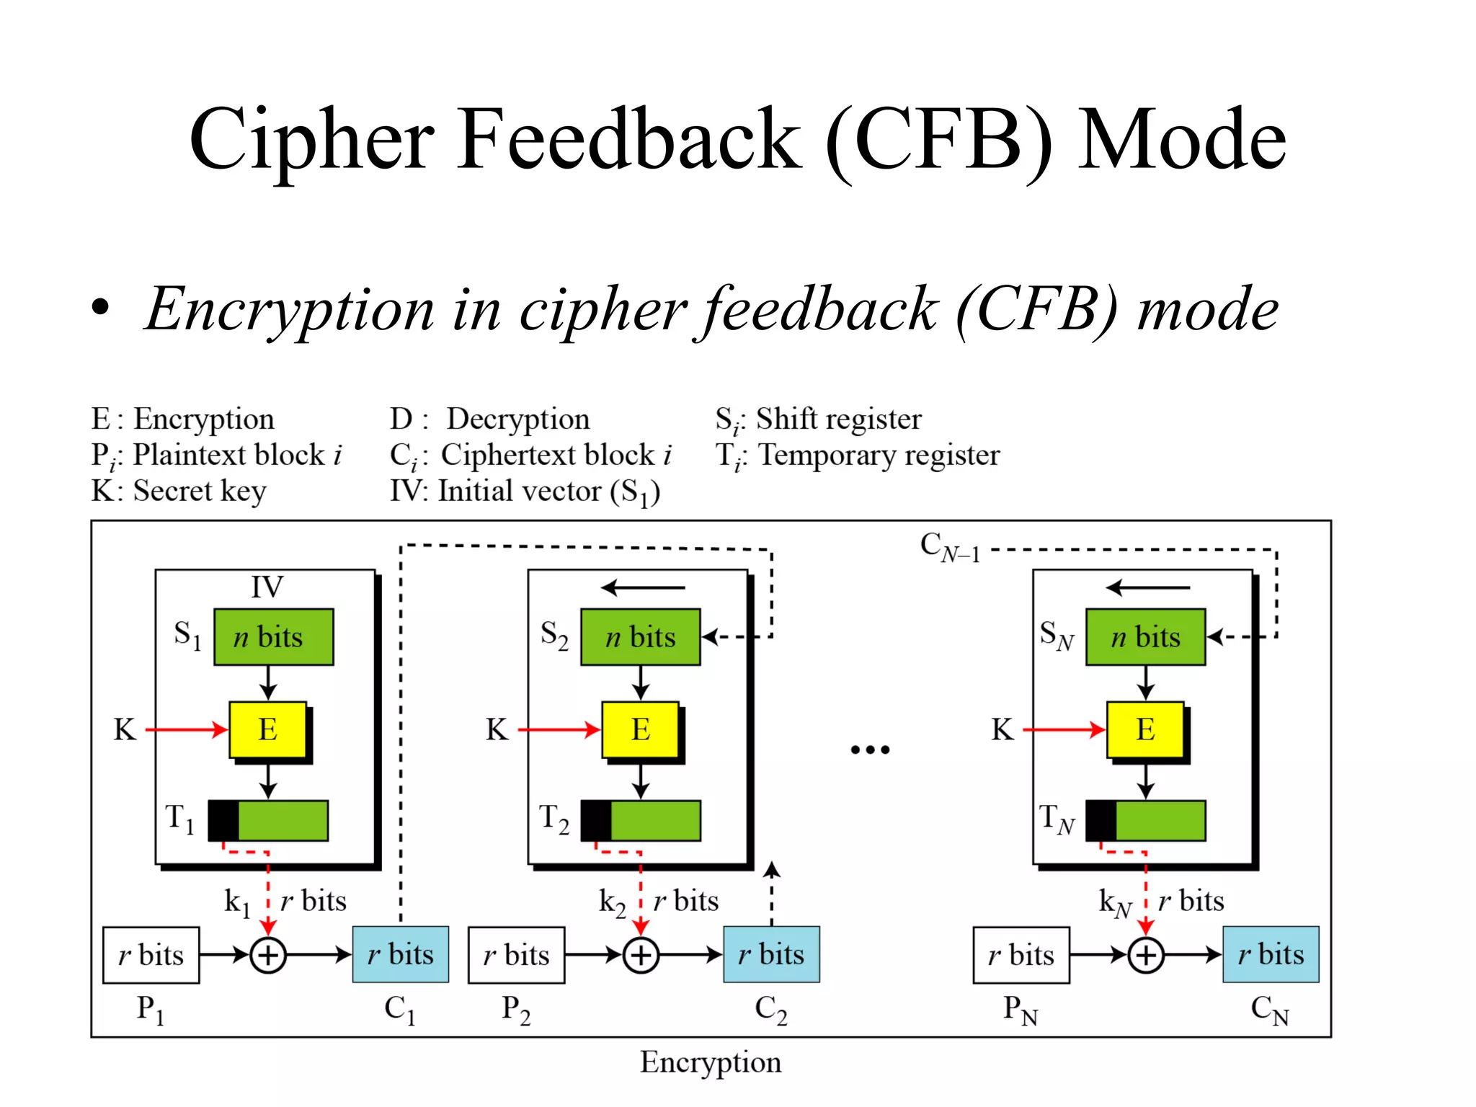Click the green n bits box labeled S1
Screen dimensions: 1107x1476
point(273,637)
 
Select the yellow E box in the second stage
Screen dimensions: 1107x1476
point(640,729)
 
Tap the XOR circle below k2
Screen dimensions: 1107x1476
point(641,956)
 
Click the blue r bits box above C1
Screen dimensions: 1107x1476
point(400,955)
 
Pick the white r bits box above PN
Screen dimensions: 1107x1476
point(1021,956)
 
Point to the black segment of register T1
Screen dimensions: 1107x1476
point(223,820)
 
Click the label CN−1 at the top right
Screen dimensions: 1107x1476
point(950,547)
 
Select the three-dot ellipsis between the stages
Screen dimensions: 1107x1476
point(870,750)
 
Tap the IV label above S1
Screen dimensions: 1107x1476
point(267,587)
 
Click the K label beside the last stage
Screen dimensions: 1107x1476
point(1002,729)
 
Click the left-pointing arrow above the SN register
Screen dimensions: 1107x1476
point(1147,588)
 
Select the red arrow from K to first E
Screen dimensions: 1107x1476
point(186,729)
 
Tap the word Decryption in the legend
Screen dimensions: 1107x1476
point(517,419)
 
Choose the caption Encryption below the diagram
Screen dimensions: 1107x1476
point(711,1062)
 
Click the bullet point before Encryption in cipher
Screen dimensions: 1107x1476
point(101,308)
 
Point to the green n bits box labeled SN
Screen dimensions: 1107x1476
point(1145,637)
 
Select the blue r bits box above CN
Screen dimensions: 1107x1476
point(1271,955)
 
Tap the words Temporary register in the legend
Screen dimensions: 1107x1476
point(879,455)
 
